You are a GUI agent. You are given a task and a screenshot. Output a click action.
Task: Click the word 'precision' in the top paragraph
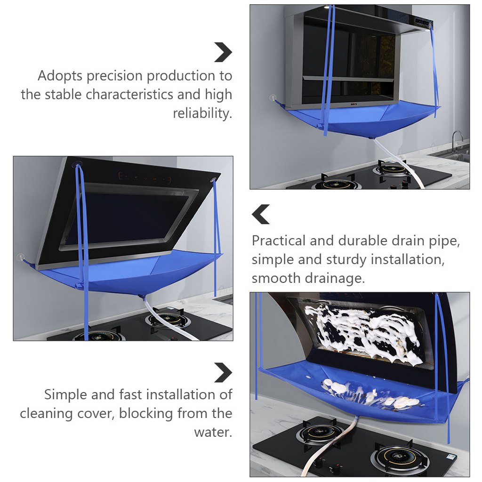click(x=114, y=76)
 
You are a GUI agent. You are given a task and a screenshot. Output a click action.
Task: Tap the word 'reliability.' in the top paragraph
click(x=202, y=113)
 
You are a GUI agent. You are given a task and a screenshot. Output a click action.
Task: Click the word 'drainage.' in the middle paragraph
click(x=335, y=279)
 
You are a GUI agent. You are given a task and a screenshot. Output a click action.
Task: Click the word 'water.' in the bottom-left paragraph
click(x=213, y=432)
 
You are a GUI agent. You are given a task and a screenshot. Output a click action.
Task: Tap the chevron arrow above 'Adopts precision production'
click(x=223, y=52)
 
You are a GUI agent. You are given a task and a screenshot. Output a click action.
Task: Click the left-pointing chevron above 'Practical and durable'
click(x=261, y=214)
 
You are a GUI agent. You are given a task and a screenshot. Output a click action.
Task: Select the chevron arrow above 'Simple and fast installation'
click(x=223, y=373)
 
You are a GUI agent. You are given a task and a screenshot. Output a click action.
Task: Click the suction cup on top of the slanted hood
click(x=79, y=162)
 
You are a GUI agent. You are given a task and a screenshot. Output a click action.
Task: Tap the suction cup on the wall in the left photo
click(x=20, y=257)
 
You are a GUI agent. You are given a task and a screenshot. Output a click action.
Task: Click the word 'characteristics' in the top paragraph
click(x=129, y=94)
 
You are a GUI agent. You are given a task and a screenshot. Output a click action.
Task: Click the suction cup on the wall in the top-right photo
click(x=273, y=98)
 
